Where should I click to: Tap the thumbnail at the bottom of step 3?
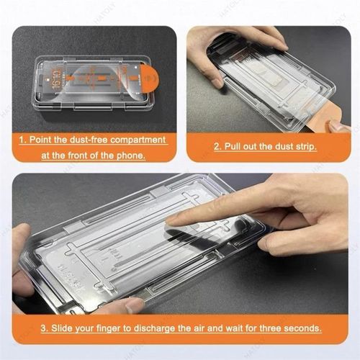pyautogui.click(x=134, y=306)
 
